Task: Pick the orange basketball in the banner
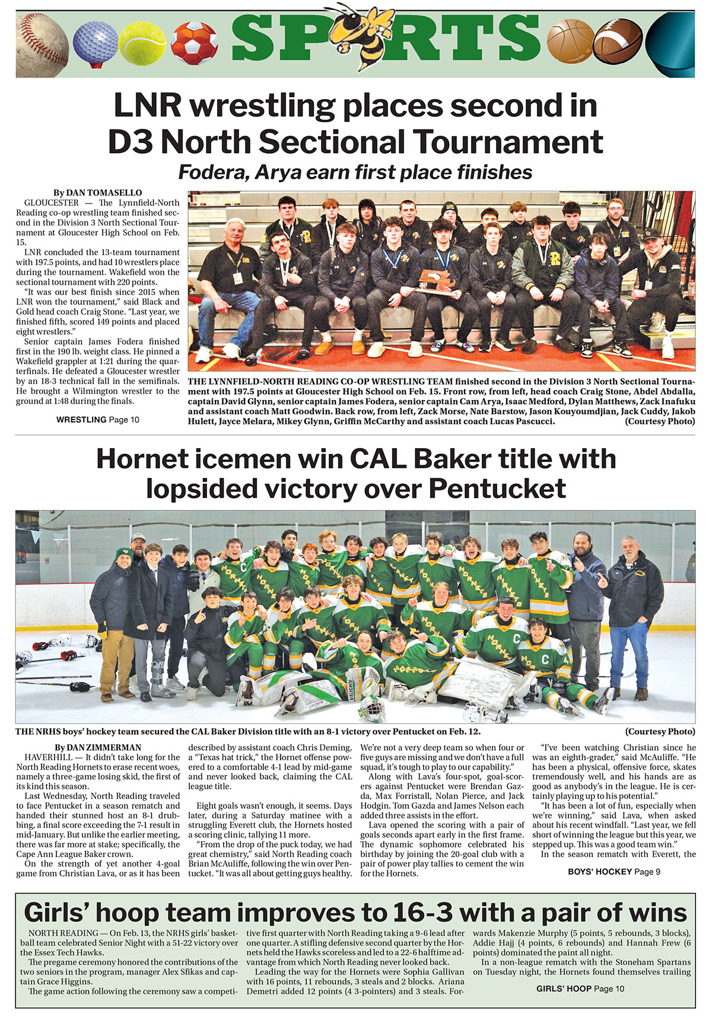pos(570,40)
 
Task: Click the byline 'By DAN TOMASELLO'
pos(97,193)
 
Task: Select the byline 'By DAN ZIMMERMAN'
pos(98,747)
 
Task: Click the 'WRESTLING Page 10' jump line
pos(98,420)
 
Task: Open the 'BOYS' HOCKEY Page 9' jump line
pos(614,871)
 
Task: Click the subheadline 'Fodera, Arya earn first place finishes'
pos(355,172)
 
